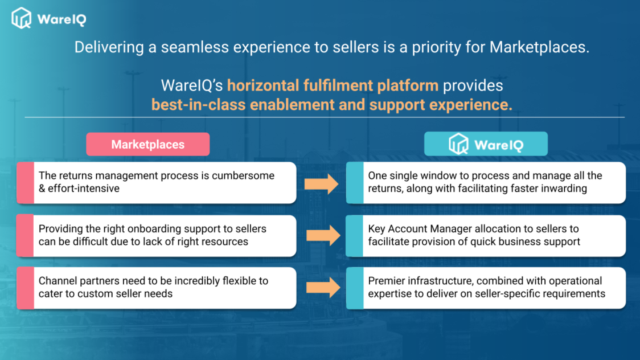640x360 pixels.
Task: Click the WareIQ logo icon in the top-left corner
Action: pyautogui.click(x=21, y=18)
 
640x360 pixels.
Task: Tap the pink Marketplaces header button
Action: pyautogui.click(x=147, y=144)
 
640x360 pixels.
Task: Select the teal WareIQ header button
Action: pyautogui.click(x=486, y=144)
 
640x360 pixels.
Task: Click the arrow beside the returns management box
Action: pyautogui.click(x=321, y=183)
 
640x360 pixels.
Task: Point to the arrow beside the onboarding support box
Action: pyautogui.click(x=323, y=235)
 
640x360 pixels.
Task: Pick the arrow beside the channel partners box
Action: pyautogui.click(x=323, y=287)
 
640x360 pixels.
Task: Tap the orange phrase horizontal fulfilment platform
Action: pyautogui.click(x=333, y=85)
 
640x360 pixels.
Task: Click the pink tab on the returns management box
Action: pyautogui.click(x=25, y=183)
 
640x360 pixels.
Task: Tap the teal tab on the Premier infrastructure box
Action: pyautogui.click(x=355, y=288)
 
